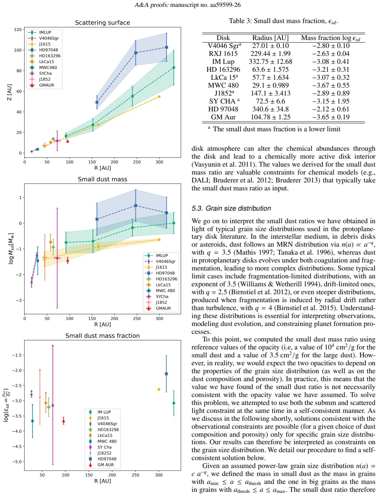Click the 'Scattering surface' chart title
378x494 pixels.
pos(102,23)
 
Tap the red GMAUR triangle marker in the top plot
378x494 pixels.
pos(67,141)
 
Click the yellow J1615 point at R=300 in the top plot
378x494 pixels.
pos(159,97)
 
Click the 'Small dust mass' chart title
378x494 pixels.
pos(102,179)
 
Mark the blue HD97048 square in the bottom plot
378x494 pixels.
pos(166,374)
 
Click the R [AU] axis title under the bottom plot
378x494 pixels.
pos(103,481)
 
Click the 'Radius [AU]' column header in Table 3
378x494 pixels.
pos(270,38)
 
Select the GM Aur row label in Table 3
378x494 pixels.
pos(223,117)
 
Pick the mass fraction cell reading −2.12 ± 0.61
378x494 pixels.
pos(330,109)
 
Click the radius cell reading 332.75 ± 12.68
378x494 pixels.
pos(270,62)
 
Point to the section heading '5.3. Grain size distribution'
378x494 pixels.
pos(231,208)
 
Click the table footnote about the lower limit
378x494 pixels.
pos(274,129)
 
